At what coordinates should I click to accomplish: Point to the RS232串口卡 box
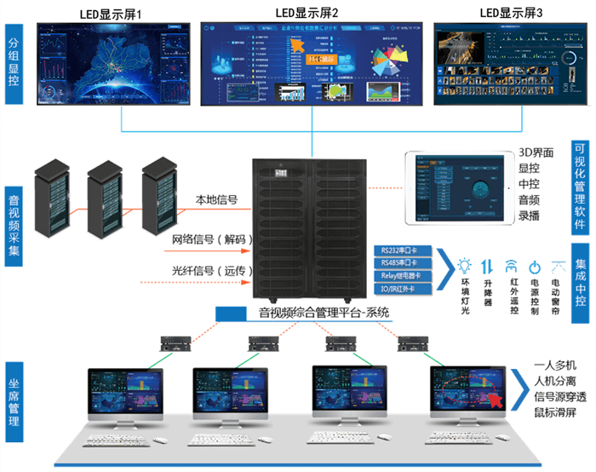pos(403,251)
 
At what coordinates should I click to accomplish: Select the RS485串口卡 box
pos(403,263)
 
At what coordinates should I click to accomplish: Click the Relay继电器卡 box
pos(403,275)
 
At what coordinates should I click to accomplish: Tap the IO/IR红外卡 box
pos(403,288)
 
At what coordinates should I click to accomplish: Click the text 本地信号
pos(216,200)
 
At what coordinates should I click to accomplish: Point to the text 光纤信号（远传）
pos(209,271)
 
